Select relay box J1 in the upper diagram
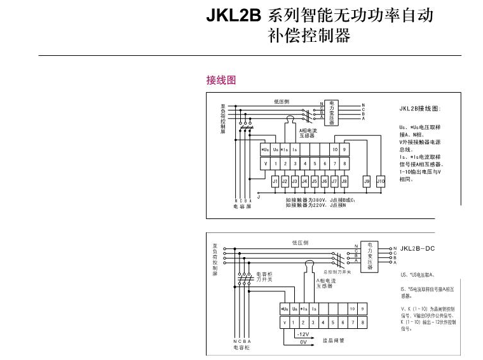[x=275, y=181]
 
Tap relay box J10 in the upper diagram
[x=381, y=181]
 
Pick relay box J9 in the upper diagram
[x=367, y=181]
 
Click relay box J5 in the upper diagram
[x=315, y=181]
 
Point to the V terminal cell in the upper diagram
[x=266, y=163]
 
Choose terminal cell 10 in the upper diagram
[x=334, y=149]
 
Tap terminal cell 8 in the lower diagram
[x=362, y=323]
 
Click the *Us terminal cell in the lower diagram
[x=285, y=309]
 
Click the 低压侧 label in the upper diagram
[x=282, y=101]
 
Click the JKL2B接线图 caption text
[x=419, y=108]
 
